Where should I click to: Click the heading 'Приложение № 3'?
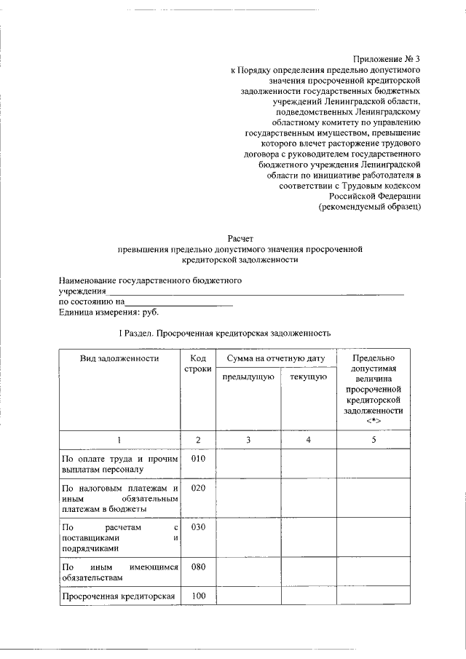pos(387,58)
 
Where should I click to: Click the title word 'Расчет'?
pos(240,238)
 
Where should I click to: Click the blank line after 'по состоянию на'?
pos(179,302)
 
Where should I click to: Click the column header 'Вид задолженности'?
pos(119,358)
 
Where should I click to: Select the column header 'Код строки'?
pos(198,364)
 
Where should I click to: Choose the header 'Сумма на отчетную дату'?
pos(275,358)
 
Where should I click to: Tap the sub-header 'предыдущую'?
pos(248,376)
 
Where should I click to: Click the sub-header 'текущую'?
pos(307,376)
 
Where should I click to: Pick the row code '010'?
pos(198,459)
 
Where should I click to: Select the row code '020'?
pos(198,488)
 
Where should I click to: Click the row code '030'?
pos(198,526)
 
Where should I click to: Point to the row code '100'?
pos(198,597)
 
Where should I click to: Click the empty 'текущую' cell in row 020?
pos(307,498)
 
